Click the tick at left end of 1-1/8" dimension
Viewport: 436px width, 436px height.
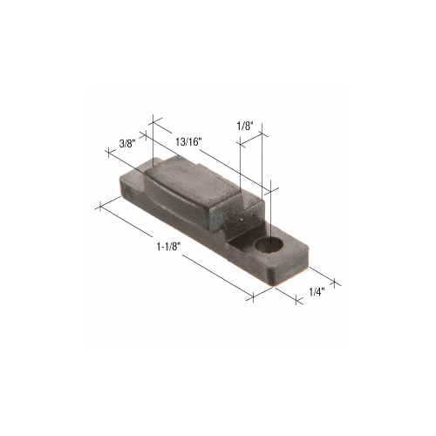coord(101,207)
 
